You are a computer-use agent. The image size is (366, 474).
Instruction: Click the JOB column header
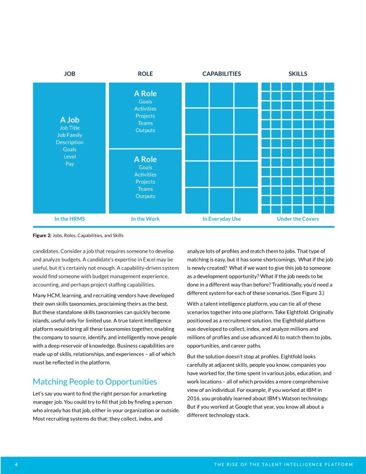[70, 74]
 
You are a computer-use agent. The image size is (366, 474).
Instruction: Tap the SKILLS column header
[298, 74]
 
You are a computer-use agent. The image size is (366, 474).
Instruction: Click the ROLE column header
[145, 74]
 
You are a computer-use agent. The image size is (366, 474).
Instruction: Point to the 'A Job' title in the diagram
[70, 120]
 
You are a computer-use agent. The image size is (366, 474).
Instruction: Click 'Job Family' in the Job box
[70, 135]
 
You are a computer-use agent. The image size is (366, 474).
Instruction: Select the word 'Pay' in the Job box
[70, 164]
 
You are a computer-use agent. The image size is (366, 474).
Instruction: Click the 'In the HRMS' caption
[70, 219]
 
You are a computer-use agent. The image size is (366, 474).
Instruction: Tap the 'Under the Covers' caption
[298, 219]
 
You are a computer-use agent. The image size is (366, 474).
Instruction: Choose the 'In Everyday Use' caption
[222, 219]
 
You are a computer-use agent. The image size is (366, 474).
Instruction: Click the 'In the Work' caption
[145, 219]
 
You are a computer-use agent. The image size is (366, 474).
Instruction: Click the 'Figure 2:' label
[42, 236]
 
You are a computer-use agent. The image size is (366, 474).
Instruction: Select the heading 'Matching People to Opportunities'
[95, 382]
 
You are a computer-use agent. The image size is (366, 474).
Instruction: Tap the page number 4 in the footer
[16, 465]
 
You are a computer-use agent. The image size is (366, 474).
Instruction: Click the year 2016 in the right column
[194, 399]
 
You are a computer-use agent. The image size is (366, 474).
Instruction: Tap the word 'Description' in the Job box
[70, 142]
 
